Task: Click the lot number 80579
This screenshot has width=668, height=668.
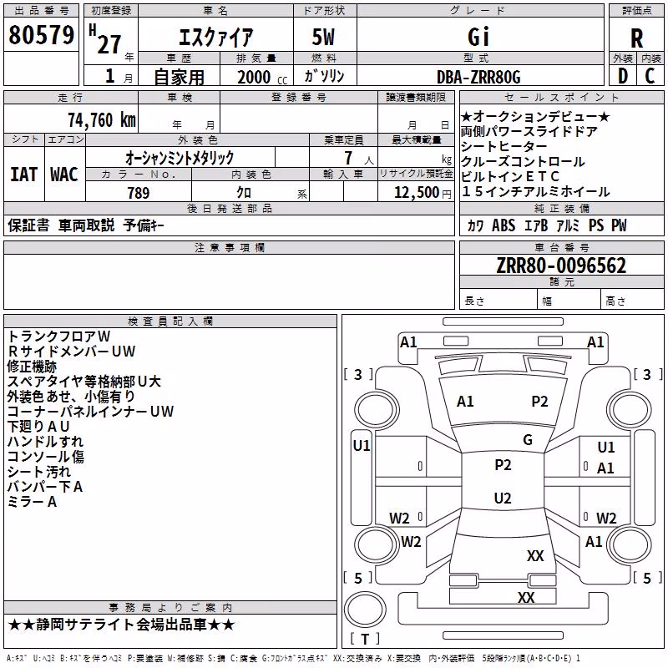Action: pos(41,34)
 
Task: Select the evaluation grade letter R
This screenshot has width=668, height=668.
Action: pos(636,38)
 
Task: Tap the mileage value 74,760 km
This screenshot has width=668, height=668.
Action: pos(102,120)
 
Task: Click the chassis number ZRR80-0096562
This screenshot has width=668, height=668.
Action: pos(561,266)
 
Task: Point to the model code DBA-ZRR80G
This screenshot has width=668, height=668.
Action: pos(478,77)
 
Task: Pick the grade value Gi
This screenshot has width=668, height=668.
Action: pos(478,37)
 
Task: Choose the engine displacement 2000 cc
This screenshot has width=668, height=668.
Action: pos(262,78)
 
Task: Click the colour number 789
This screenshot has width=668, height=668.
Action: pos(139,193)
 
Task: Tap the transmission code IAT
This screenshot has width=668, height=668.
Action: pos(23,175)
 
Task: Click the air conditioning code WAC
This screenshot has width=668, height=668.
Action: pos(64,175)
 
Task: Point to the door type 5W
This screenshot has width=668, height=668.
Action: pos(323,37)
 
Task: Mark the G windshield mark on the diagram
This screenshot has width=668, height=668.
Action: pos(528,439)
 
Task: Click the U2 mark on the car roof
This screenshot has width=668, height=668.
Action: pos(503,498)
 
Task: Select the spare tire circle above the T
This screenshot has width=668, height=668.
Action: pos(365,610)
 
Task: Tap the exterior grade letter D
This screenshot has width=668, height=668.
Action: pos(623,76)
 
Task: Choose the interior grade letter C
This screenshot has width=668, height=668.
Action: pos(650,76)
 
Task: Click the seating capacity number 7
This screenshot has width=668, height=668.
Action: pos(348,158)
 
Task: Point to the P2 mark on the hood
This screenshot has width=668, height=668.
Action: pos(539,402)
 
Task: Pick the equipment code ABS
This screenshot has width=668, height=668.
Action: pos(504,225)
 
